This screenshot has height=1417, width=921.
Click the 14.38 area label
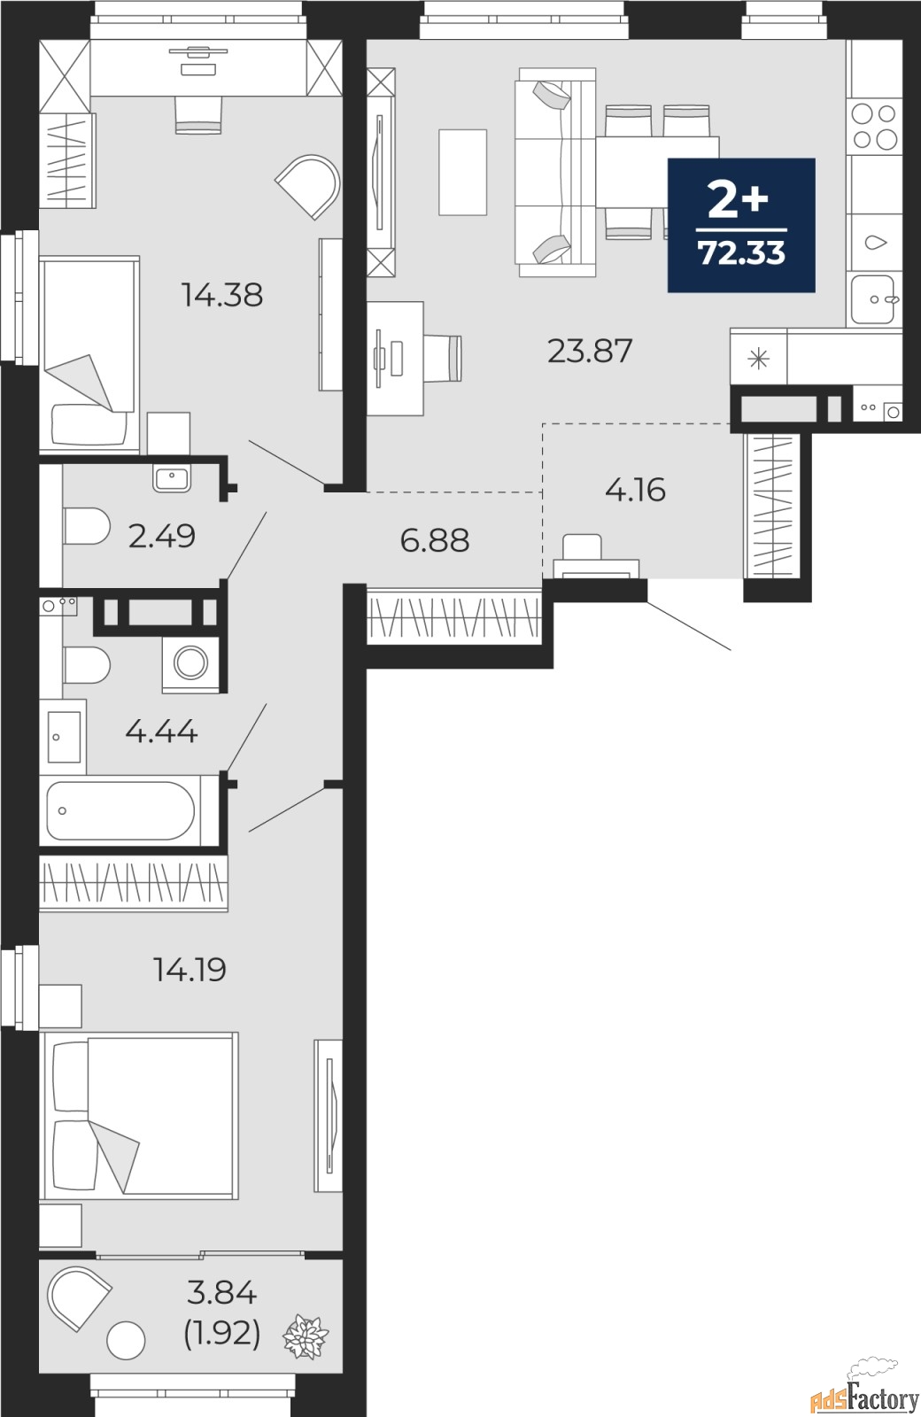(x=222, y=295)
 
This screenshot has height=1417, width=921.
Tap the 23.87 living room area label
(x=590, y=352)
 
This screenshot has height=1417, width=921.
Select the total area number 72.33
(x=741, y=253)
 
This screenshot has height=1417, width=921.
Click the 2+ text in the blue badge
(x=738, y=201)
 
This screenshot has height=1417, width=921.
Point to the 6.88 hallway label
(x=434, y=539)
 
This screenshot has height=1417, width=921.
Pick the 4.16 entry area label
(x=635, y=490)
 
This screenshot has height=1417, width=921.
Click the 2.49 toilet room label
(x=161, y=536)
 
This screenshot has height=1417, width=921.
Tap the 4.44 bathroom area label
(x=161, y=732)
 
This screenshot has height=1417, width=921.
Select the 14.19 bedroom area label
(x=190, y=970)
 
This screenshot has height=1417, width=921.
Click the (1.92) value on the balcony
(x=221, y=1332)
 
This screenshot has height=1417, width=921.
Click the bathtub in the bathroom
(x=120, y=810)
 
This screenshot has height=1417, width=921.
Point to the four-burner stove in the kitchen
(x=873, y=126)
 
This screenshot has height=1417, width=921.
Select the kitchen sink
(x=875, y=299)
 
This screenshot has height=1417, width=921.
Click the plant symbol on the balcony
(x=306, y=1336)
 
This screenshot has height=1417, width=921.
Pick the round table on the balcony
(x=126, y=1341)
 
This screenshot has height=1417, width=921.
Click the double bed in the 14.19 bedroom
(x=140, y=1115)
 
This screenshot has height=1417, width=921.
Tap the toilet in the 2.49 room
(x=85, y=527)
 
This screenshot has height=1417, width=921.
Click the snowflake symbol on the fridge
(x=758, y=359)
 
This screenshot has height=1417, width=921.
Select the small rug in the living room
(x=462, y=172)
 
